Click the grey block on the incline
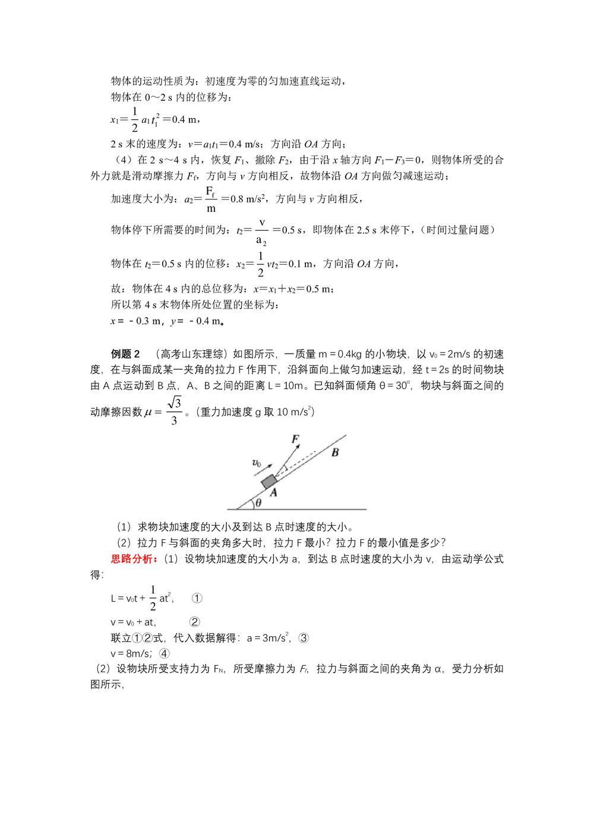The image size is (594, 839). click(269, 481)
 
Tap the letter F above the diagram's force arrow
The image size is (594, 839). click(295, 439)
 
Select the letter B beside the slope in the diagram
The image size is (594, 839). click(335, 453)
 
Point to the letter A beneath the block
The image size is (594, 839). click(273, 492)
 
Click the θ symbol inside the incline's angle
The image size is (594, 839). click(258, 503)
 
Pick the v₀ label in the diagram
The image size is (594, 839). click(257, 463)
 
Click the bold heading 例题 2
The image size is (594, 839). click(125, 354)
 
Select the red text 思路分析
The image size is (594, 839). click(134, 559)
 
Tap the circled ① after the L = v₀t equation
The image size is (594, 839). click(197, 598)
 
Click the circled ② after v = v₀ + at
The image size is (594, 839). click(194, 622)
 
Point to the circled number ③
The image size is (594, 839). click(304, 638)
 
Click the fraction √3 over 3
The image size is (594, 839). click(174, 411)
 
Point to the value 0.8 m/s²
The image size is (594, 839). click(247, 199)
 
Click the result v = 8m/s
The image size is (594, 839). click(130, 653)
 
